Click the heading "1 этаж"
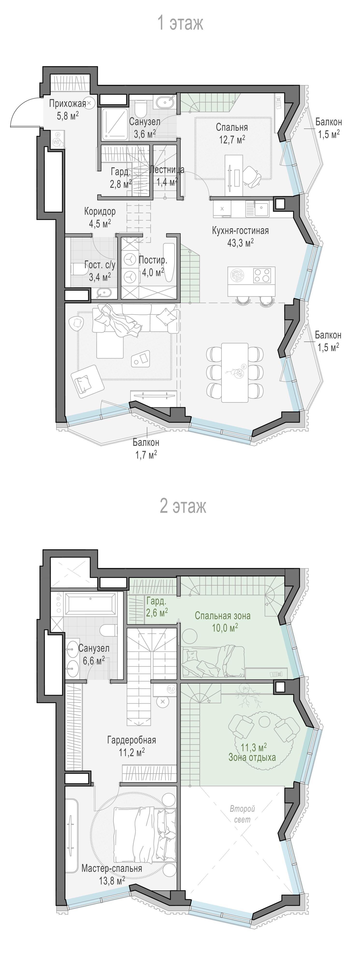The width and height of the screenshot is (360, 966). point(180,23)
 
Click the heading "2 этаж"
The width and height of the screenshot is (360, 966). point(183,506)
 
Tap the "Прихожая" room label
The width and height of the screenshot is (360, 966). point(68,104)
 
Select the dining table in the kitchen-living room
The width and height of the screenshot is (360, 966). point(235,372)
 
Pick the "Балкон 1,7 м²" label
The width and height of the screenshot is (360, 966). point(146,448)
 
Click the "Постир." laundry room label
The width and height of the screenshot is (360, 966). point(153,260)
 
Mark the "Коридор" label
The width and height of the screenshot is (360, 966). point(100,211)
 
